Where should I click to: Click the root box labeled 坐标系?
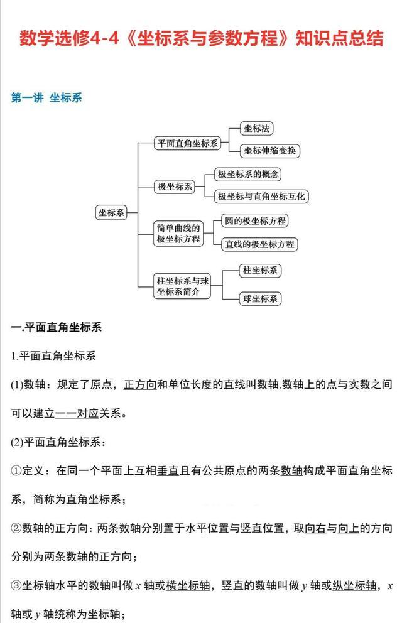111,212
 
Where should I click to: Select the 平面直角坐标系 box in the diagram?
187,143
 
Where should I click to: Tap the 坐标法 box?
257,129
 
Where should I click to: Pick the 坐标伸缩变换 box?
271,151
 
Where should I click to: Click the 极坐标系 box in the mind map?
175,187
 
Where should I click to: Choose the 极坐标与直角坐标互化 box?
261,197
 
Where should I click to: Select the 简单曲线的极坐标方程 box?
178,233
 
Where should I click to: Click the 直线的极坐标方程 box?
259,244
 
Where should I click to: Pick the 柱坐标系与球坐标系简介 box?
182,286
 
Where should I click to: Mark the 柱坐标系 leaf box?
259,271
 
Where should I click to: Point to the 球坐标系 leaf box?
259,299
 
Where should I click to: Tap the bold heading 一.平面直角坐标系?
57,328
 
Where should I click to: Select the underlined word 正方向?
140,384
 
